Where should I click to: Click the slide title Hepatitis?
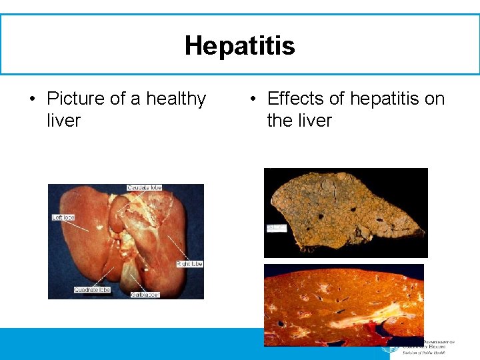(x=239, y=46)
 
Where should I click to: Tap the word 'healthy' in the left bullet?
(x=176, y=99)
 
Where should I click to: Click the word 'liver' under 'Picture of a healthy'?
(x=63, y=121)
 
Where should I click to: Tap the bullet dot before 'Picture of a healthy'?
(x=31, y=100)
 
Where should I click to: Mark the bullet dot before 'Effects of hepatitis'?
(x=251, y=100)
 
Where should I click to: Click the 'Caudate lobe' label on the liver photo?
(x=145, y=188)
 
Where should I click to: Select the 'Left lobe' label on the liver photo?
(x=64, y=217)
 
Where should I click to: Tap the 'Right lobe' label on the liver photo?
(x=189, y=264)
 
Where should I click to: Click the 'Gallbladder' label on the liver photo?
(x=145, y=294)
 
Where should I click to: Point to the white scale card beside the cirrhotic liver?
(x=276, y=228)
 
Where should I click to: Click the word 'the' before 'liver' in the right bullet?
(x=281, y=121)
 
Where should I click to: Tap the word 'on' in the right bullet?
(x=435, y=99)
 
